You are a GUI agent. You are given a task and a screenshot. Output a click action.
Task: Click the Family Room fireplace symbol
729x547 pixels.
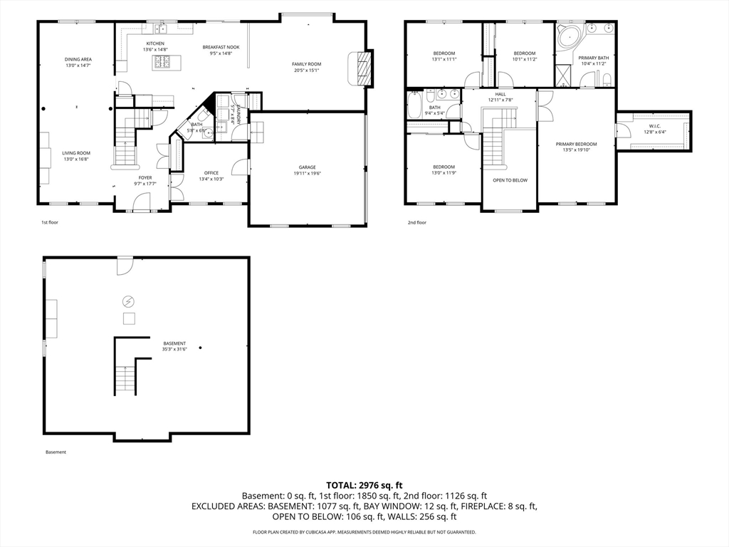(364, 68)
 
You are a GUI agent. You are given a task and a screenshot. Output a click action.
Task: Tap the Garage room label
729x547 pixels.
(308, 167)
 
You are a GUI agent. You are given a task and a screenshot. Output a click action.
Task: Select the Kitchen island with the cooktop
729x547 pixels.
(162, 63)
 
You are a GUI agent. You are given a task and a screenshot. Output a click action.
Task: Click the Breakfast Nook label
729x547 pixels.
(221, 48)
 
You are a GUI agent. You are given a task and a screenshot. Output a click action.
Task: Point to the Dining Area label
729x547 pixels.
(78, 59)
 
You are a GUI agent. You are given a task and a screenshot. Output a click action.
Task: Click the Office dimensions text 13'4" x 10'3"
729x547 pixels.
(211, 179)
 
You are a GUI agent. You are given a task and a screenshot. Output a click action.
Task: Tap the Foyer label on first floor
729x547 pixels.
(145, 178)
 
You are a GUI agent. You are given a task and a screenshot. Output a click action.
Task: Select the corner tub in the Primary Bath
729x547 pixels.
(568, 36)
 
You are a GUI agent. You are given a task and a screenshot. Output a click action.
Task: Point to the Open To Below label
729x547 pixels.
(510, 180)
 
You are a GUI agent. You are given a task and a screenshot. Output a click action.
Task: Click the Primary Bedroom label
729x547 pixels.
(576, 145)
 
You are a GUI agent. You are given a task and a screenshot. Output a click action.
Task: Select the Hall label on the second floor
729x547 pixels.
(501, 94)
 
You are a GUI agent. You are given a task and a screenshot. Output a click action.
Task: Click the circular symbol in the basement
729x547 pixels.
(129, 301)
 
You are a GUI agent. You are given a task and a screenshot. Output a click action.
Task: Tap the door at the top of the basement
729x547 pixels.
(125, 265)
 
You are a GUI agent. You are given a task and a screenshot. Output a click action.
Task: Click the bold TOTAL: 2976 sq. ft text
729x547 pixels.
(364, 484)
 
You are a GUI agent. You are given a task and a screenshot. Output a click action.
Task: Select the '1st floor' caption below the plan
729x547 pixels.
(50, 222)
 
